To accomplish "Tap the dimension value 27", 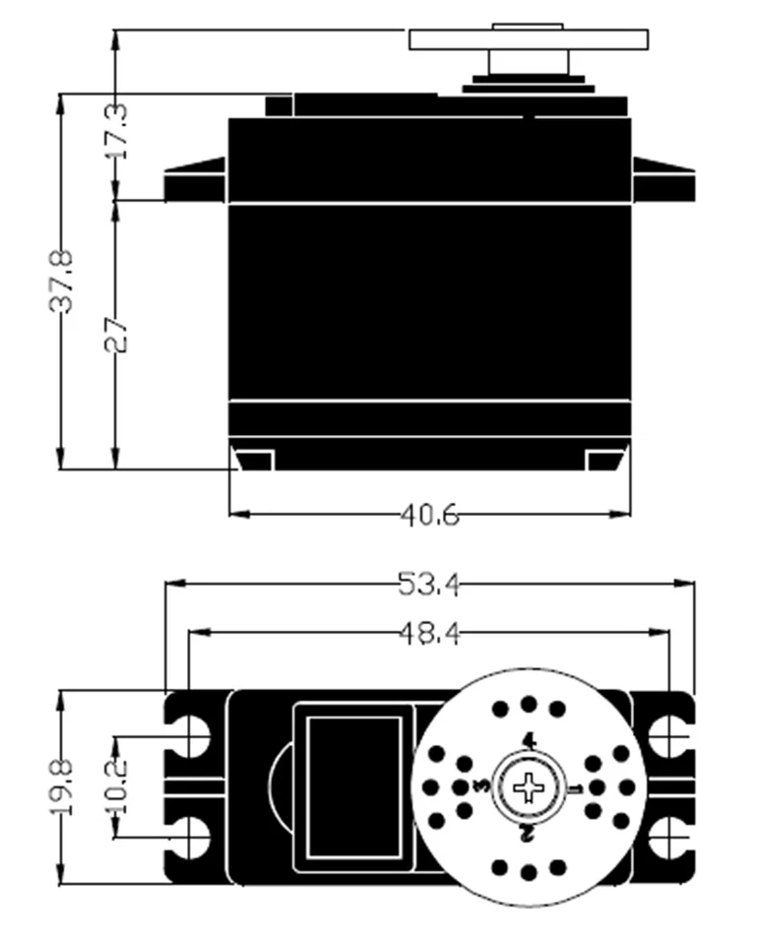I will [117, 334].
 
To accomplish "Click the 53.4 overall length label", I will [429, 585].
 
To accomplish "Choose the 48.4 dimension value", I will [429, 633].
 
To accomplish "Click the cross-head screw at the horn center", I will [529, 787].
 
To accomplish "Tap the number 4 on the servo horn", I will [529, 740].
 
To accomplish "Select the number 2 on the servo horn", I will [528, 835].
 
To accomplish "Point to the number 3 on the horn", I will [481, 787].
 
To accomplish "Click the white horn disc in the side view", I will [529, 39].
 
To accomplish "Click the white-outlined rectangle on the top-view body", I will [353, 787].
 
